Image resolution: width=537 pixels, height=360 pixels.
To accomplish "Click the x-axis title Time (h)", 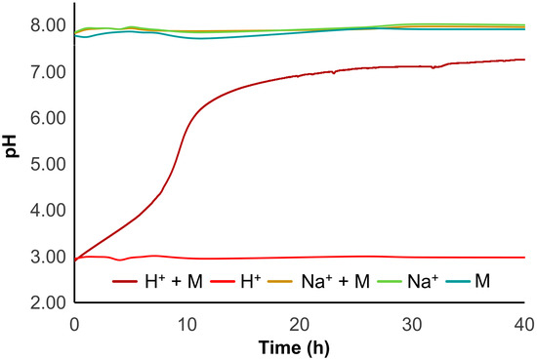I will [299, 347].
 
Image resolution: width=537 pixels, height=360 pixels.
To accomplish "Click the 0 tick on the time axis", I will [74, 322].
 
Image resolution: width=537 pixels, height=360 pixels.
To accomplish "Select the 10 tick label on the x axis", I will [186, 322].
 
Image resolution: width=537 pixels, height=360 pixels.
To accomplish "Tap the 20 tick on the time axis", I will [299, 322].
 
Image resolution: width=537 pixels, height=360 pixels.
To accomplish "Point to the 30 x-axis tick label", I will [411, 322].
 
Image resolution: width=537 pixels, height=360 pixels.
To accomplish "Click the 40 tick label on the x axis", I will [523, 322].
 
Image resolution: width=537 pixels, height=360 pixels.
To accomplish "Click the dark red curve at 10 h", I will [186, 127].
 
